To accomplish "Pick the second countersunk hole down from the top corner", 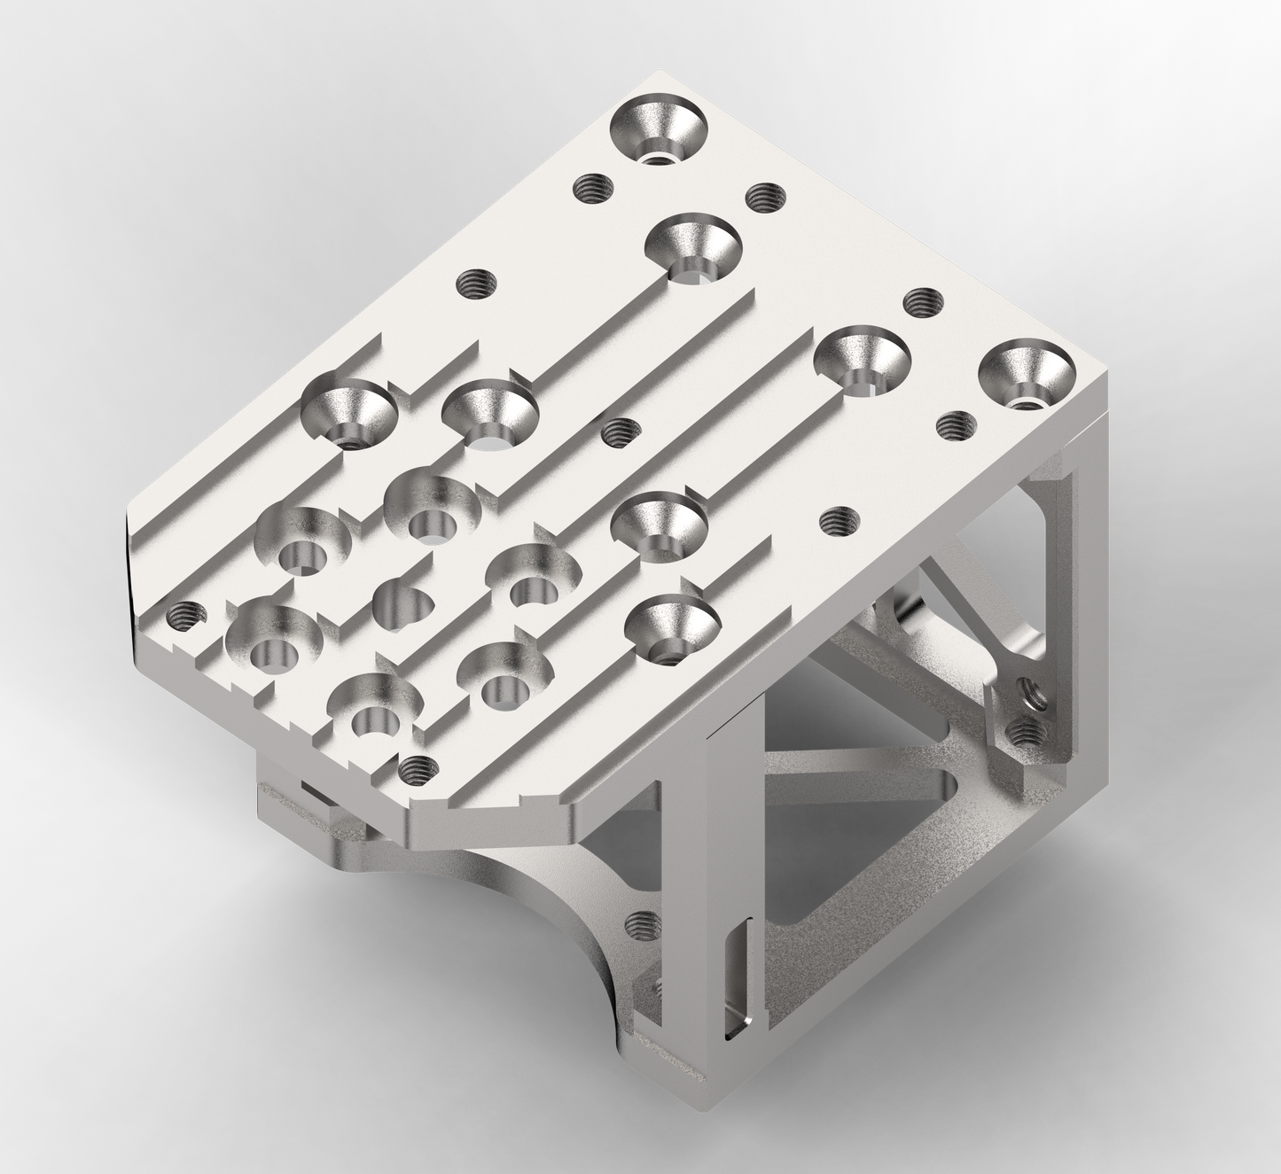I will point(693,252).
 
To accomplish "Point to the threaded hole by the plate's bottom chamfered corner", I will point(414,769).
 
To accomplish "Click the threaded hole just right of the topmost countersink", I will point(766,197).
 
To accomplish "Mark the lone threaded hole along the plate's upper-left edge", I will point(476,285).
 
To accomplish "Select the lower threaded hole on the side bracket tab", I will point(1023,732).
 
